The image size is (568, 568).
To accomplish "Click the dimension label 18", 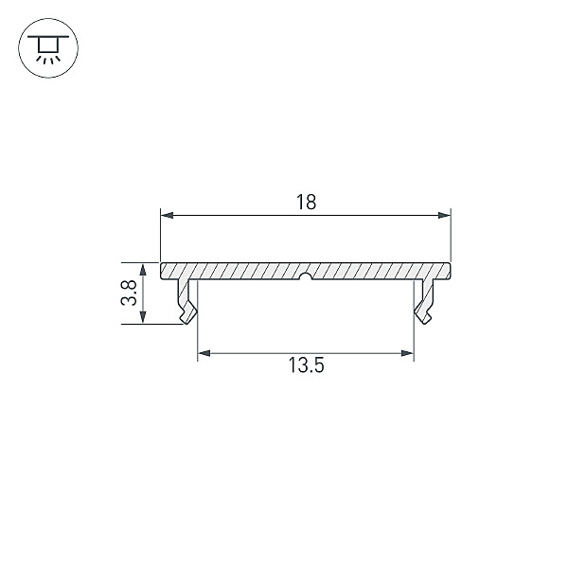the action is click(306, 203).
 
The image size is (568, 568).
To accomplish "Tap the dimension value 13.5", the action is click(306, 365).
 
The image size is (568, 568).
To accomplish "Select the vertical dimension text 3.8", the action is click(129, 293).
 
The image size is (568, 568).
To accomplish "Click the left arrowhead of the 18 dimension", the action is click(167, 216).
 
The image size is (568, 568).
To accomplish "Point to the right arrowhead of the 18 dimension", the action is click(444, 216).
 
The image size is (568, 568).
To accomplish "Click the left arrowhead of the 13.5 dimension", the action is click(204, 353).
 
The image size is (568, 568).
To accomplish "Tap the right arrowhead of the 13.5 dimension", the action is click(407, 353).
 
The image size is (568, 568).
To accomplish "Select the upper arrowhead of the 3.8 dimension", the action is click(143, 269).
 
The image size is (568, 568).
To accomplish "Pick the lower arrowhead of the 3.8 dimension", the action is click(143, 316).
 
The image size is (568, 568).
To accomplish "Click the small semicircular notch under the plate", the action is click(306, 276).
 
